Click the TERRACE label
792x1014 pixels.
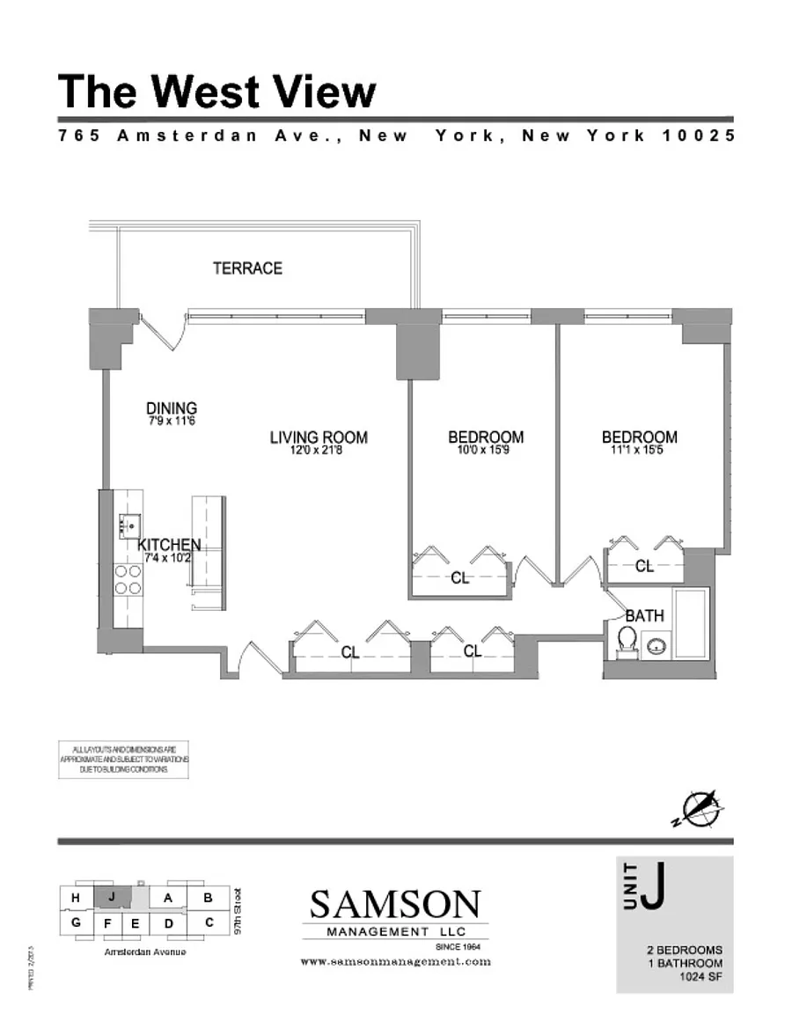point(247,268)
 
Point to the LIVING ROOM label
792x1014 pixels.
point(319,437)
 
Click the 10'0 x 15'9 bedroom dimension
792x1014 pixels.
point(486,451)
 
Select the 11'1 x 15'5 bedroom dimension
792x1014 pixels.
point(640,451)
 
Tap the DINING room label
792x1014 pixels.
point(172,408)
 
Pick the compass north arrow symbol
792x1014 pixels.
point(702,808)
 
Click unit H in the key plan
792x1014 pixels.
point(77,898)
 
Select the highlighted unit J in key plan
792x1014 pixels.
point(111,897)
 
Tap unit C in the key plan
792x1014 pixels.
point(209,922)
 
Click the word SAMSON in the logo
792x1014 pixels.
point(395,903)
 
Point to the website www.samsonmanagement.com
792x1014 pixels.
point(395,962)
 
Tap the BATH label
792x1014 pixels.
point(645,616)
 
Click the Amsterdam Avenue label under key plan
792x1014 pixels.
point(145,952)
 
